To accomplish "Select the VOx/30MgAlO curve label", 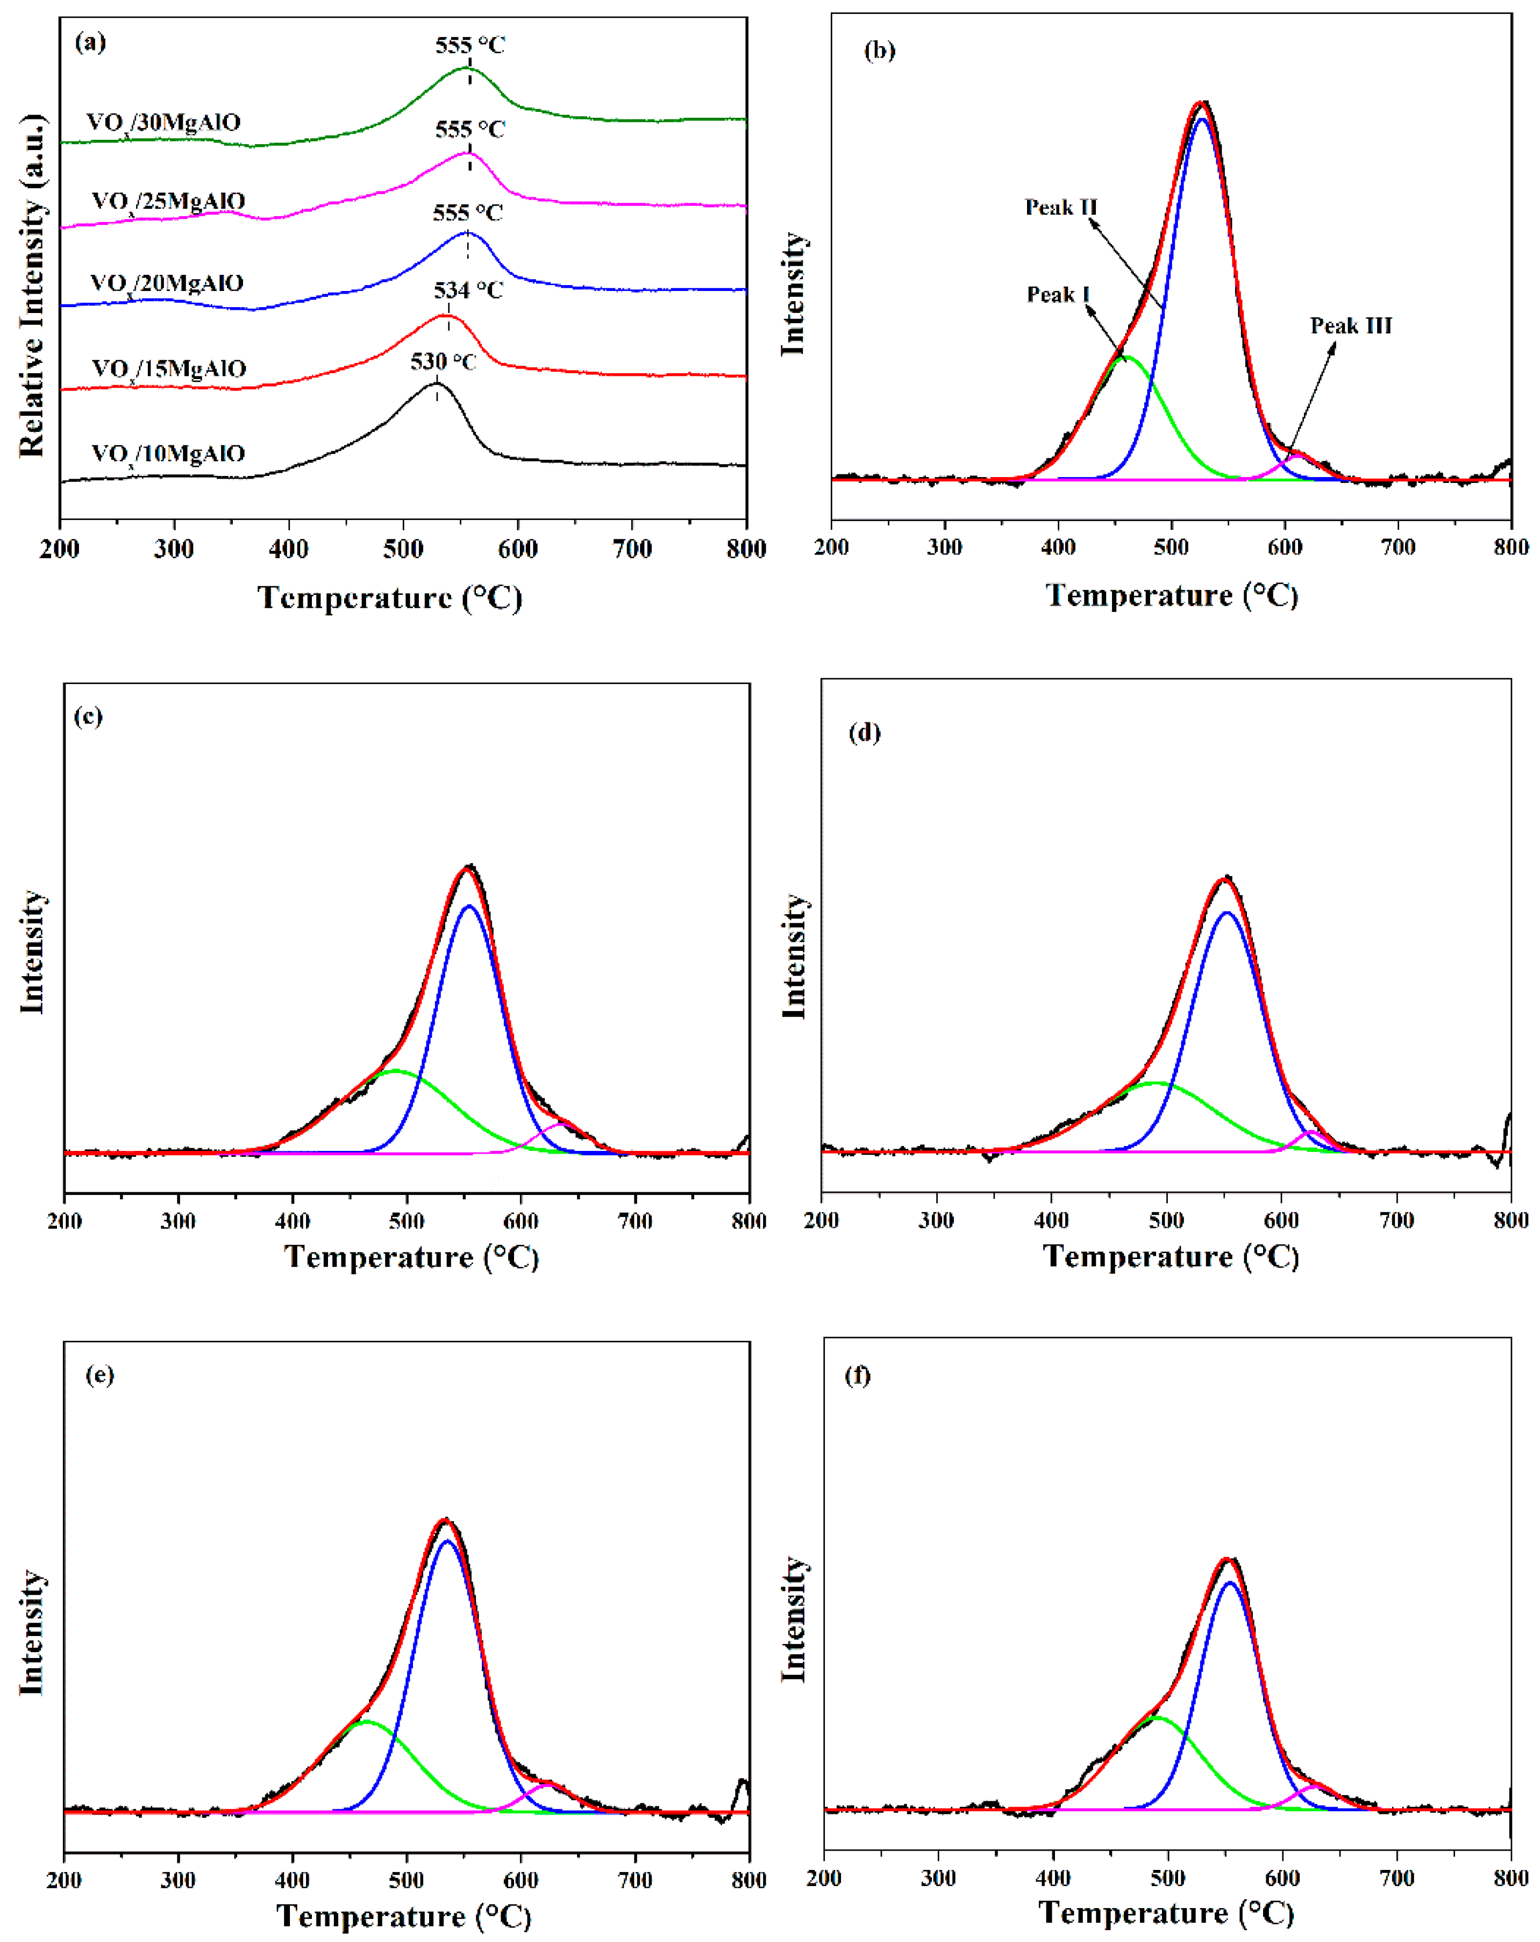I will (x=164, y=123).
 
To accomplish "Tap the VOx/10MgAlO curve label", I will (x=168, y=453).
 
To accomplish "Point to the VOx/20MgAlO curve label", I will (x=167, y=284).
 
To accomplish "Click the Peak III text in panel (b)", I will (x=1350, y=325).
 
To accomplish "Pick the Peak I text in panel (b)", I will (x=1058, y=295).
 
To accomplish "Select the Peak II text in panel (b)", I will (x=1061, y=207).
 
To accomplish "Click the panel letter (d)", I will (x=865, y=732).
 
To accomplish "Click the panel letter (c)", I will (x=88, y=716).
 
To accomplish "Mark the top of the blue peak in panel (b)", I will (x=1201, y=119).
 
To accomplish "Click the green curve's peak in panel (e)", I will (x=365, y=1722).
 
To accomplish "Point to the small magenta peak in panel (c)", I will (x=563, y=1123).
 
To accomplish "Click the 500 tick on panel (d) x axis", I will (x=1166, y=1220).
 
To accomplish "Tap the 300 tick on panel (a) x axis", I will (x=174, y=549).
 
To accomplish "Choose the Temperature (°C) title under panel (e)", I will (x=403, y=1916).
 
